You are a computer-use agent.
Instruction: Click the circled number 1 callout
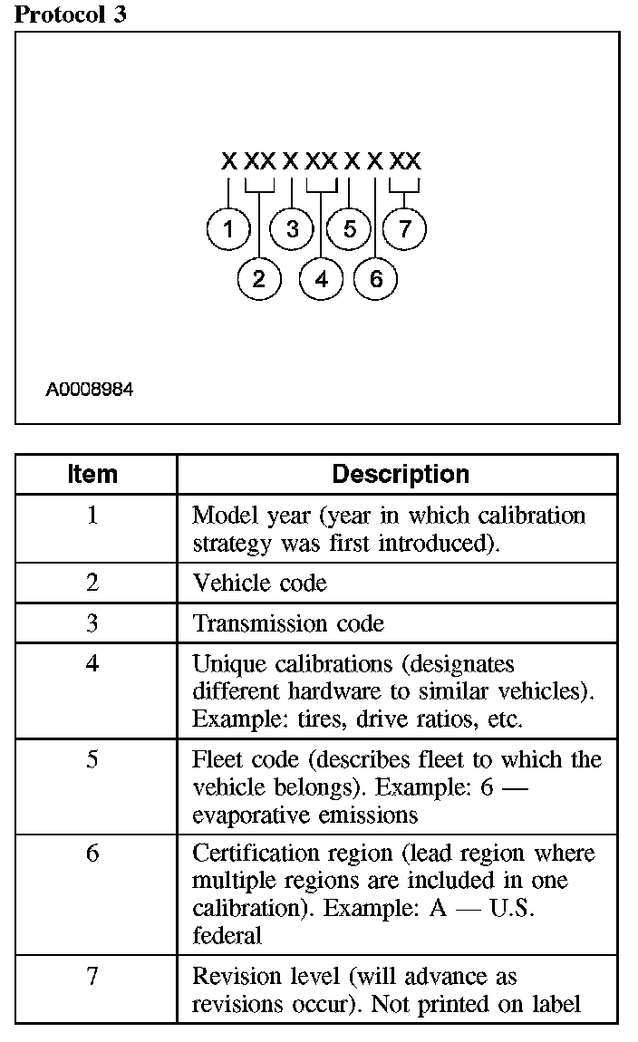tap(228, 229)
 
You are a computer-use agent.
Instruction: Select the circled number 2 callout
tap(259, 278)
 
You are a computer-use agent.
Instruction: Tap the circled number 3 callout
tap(292, 229)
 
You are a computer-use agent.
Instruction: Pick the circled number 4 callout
tap(322, 278)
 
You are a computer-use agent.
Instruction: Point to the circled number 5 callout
tap(350, 229)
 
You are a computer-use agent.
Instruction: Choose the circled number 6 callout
tap(376, 278)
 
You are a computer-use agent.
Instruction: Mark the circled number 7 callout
tap(404, 229)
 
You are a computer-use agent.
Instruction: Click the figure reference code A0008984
tap(90, 391)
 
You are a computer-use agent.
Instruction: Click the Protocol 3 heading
tap(71, 14)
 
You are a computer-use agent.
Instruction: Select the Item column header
tap(92, 474)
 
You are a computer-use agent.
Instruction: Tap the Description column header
tap(401, 474)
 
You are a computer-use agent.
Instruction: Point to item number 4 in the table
tap(92, 664)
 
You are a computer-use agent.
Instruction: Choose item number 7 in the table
tap(92, 977)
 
